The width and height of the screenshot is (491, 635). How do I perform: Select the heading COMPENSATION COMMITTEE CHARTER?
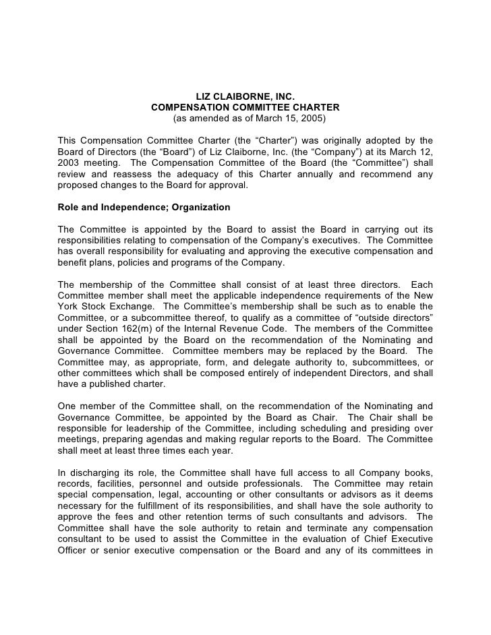[246, 108]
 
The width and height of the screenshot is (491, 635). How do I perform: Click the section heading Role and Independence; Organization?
[144, 206]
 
